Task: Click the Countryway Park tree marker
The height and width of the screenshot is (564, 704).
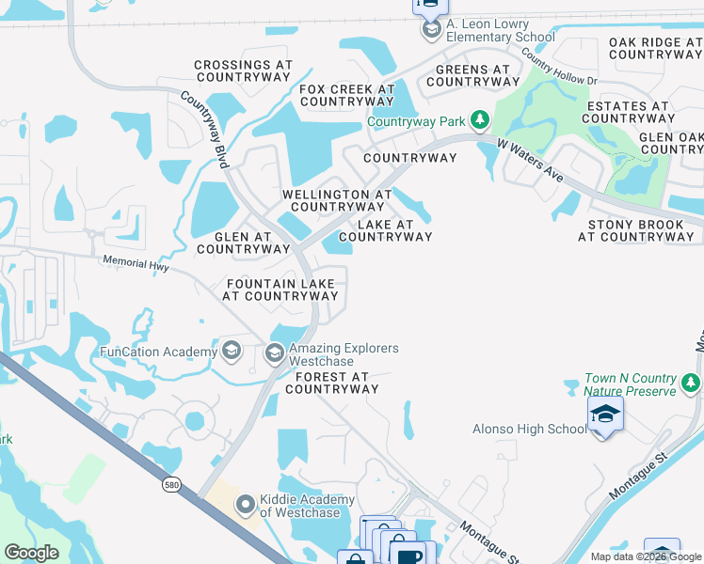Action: coord(480,120)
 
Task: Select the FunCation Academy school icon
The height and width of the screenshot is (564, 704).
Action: coord(231,352)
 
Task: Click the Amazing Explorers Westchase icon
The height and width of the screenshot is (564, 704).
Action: coord(275,353)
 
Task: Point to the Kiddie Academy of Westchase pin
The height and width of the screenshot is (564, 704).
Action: coord(246,506)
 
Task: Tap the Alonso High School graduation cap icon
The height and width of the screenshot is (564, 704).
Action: coord(605,415)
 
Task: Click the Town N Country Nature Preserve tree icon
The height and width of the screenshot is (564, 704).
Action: coord(692,384)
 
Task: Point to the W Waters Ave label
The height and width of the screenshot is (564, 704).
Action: coord(530,161)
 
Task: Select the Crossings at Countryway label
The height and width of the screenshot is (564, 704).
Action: coord(243,72)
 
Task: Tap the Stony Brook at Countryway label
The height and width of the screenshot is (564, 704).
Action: coord(636,231)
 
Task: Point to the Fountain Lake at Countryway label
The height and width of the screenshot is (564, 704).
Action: coord(280,290)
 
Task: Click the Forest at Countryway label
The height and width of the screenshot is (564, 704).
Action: coord(336,383)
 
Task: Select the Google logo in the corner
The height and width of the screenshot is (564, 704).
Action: coord(31,553)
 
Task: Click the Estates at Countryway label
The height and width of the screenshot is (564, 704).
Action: coord(627,113)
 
